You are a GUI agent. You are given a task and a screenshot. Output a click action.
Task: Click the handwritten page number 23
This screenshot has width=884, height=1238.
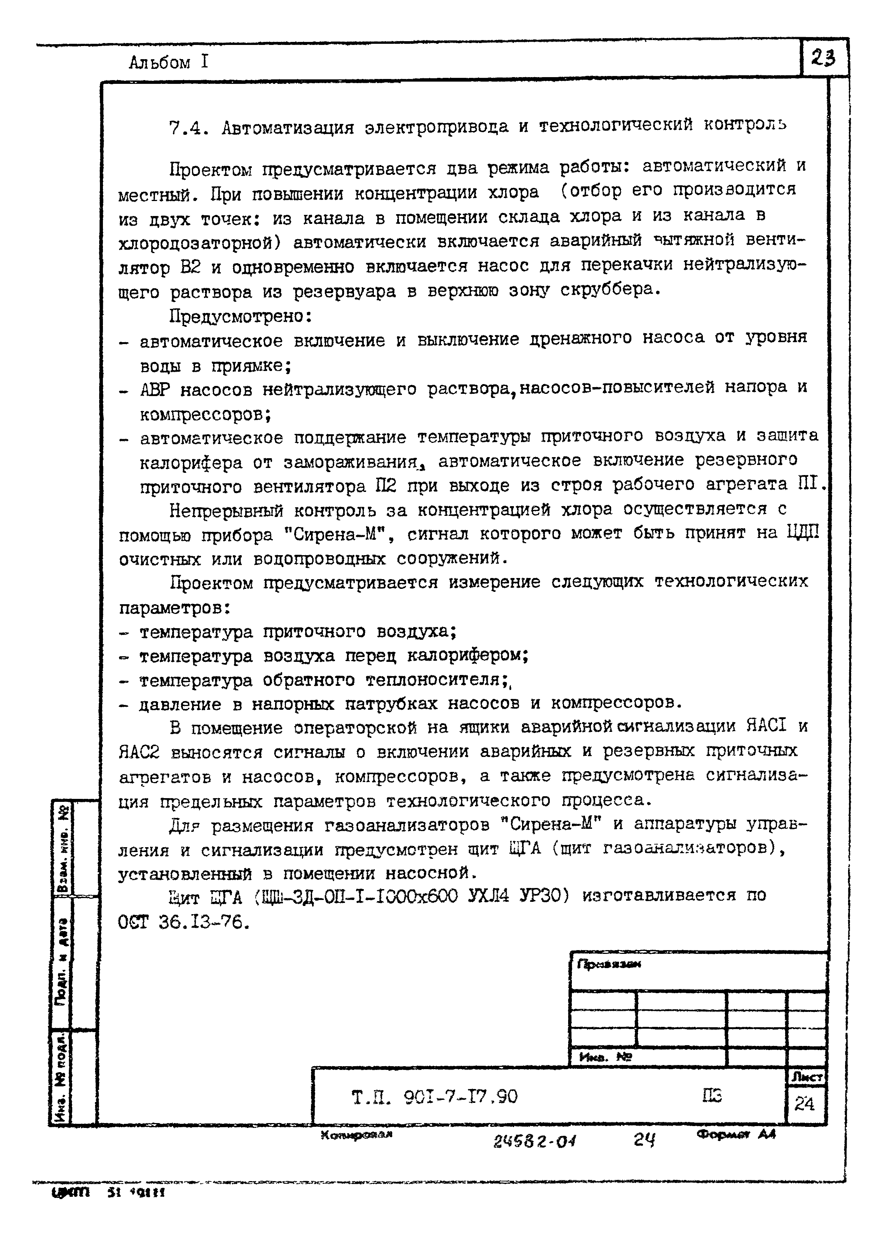point(823,58)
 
